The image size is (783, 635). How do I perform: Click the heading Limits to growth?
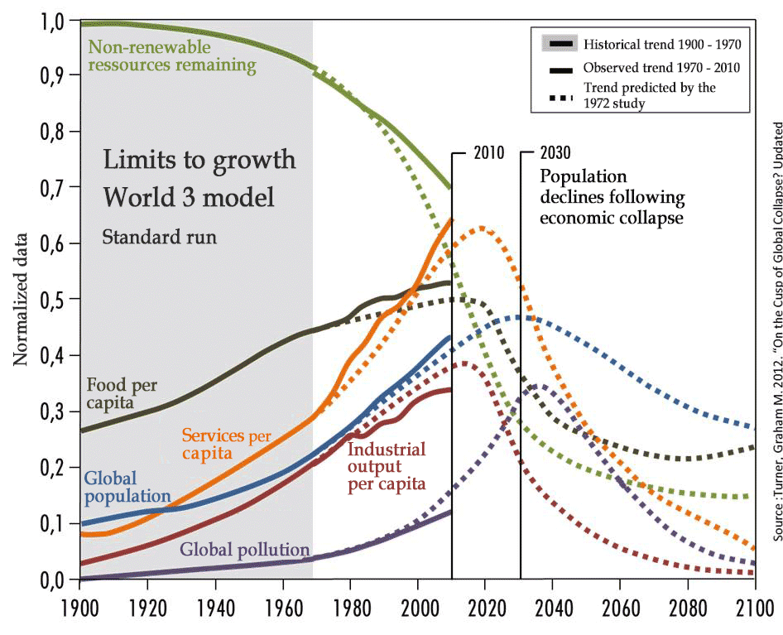199,159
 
